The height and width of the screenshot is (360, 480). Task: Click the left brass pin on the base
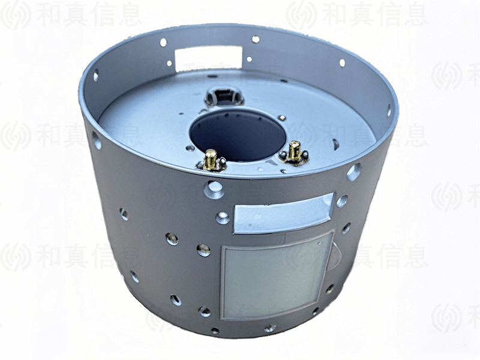(x=211, y=159)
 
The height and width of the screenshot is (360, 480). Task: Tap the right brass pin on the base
(x=295, y=151)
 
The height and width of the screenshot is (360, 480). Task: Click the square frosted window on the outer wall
(x=277, y=275)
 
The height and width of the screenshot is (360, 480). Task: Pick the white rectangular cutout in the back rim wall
(x=209, y=58)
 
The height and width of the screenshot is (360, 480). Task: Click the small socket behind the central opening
(x=224, y=95)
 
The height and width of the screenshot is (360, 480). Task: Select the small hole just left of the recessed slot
(x=223, y=218)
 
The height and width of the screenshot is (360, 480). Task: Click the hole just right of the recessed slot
(x=342, y=202)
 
